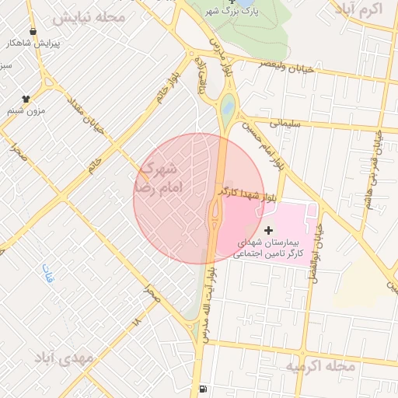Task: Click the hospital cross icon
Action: point(269,230)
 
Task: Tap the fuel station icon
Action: point(203,389)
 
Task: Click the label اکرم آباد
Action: point(357,9)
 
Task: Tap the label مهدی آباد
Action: point(64,358)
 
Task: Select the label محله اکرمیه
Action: point(319,365)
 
